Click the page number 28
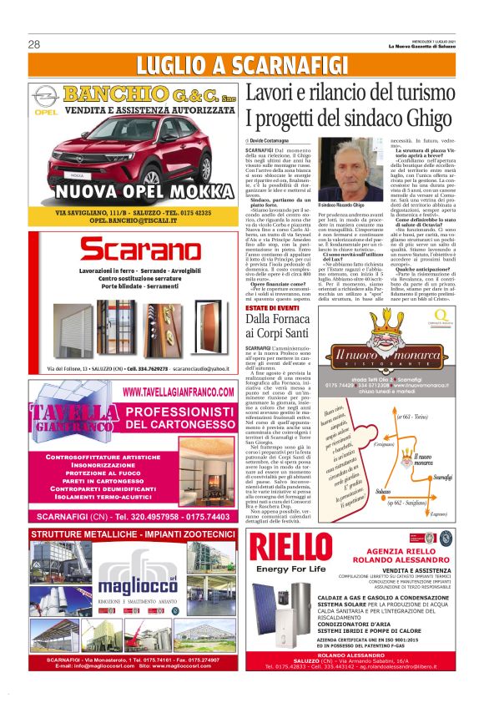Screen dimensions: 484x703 click(35, 44)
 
